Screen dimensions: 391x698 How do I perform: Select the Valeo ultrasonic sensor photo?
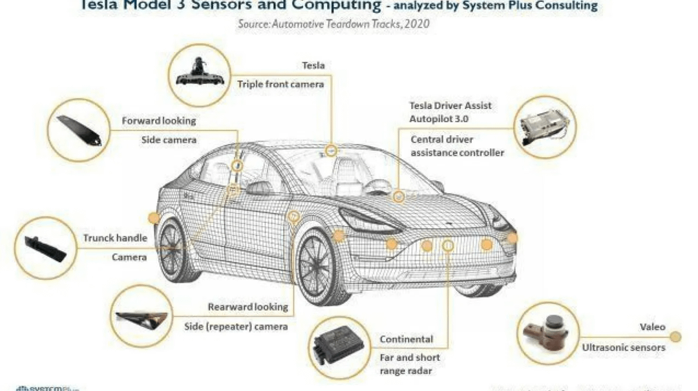pos(547,333)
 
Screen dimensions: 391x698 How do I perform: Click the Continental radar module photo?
pos(337,346)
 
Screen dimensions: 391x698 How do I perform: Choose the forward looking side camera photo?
pos(79,129)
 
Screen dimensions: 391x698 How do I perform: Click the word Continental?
pos(406,339)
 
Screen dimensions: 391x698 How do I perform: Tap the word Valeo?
pos(652,327)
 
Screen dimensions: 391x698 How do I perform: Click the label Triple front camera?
pos(280,84)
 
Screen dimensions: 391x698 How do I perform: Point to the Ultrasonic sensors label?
pos(623,348)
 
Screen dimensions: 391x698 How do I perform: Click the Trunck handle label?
pos(115,238)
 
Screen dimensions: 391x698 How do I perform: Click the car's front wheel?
pos(321,266)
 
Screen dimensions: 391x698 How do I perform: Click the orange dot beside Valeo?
pos(675,337)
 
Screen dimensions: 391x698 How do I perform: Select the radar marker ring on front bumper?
pos(449,244)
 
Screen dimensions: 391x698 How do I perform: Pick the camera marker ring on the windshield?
pos(331,151)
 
